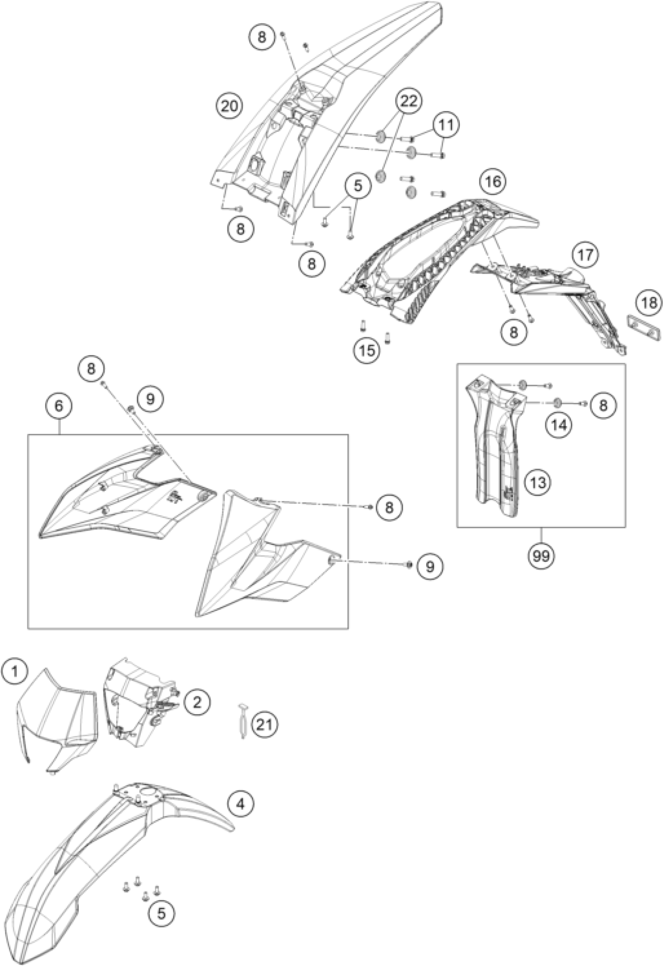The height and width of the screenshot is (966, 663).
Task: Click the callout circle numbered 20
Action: point(229,107)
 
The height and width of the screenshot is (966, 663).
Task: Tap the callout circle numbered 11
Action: point(445,124)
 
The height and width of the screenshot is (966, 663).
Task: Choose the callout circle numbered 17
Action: point(585,255)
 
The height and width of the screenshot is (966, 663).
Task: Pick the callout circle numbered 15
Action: point(367,351)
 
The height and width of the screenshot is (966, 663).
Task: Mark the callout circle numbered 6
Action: point(58,406)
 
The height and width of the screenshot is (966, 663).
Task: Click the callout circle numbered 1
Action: point(14,672)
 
